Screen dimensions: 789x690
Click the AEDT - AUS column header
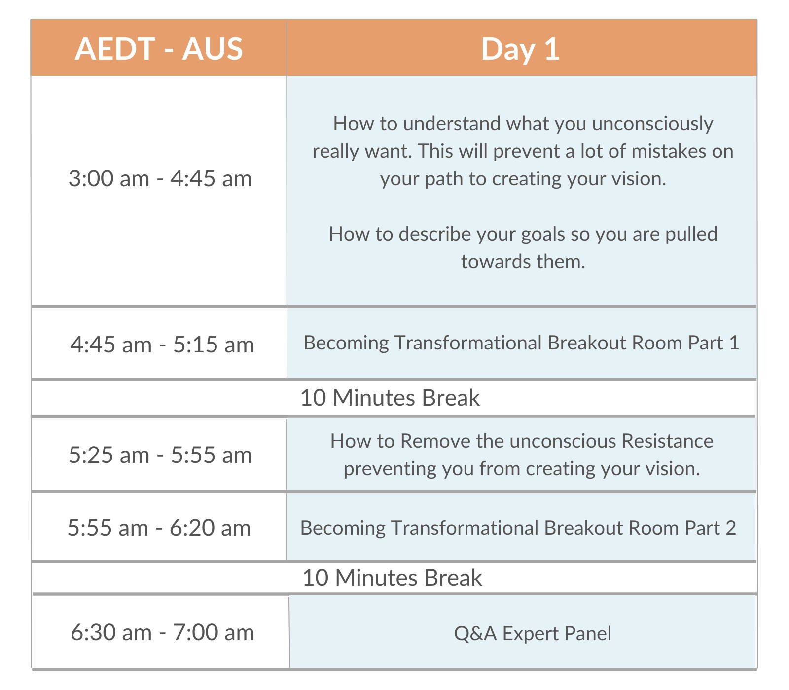[x=159, y=48]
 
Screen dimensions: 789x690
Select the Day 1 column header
[x=521, y=48]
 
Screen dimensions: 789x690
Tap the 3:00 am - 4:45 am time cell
[x=159, y=191]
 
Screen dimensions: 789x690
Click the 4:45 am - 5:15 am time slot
[x=159, y=344]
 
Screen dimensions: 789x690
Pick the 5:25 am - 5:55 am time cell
[x=159, y=454]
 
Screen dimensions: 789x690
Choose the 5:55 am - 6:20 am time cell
[x=159, y=527]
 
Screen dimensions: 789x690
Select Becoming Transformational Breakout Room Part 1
[x=521, y=343]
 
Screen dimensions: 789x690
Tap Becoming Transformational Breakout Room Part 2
[x=518, y=528]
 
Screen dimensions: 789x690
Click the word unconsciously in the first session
[x=652, y=124]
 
